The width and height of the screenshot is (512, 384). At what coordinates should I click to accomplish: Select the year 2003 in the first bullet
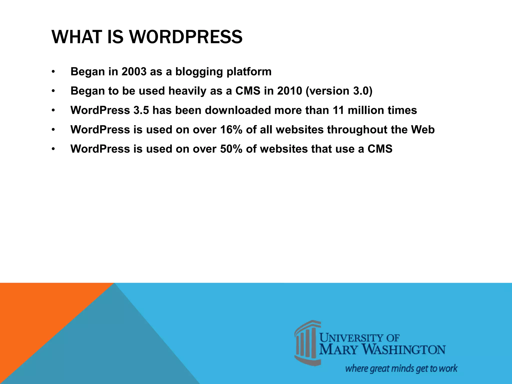point(134,72)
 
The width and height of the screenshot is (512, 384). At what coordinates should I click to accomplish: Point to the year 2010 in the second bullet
point(290,91)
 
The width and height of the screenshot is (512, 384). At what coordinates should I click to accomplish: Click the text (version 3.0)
point(339,91)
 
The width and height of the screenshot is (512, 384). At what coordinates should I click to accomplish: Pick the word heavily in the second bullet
point(187,91)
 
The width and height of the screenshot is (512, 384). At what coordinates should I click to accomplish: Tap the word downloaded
point(238,110)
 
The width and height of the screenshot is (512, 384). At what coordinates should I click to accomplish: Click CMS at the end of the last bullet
point(380,149)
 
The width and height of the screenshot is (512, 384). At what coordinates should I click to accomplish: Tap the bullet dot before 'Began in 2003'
point(53,72)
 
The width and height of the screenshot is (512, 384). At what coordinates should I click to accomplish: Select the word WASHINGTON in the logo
point(404,350)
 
